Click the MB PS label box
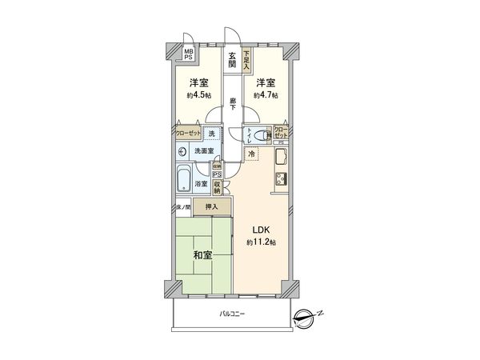189,53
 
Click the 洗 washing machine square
211,134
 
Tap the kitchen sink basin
282,154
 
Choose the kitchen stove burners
282,178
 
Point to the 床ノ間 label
182,208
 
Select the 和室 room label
202,256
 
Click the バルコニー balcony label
233,314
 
